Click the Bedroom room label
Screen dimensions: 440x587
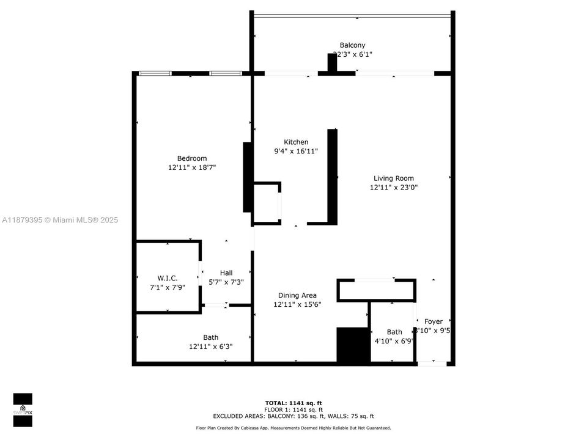click(192, 158)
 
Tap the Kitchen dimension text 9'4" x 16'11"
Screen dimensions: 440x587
click(296, 151)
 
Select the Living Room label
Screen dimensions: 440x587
click(394, 178)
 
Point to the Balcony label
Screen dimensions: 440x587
click(352, 45)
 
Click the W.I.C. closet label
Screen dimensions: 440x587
click(167, 277)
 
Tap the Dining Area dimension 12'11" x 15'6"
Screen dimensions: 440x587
click(297, 304)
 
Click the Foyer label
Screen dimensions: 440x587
click(434, 321)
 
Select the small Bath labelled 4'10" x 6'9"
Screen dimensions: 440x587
click(394, 332)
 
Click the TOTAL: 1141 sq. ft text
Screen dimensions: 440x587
click(293, 403)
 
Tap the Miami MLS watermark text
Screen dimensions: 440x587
click(60, 220)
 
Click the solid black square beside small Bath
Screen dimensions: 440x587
click(353, 346)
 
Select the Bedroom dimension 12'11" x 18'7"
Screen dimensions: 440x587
click(192, 167)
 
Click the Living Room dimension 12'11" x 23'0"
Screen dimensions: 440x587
click(394, 188)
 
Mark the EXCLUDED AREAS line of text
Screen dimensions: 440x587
click(293, 416)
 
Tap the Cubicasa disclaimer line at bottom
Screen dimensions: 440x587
click(293, 428)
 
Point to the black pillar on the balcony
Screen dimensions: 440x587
click(332, 63)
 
